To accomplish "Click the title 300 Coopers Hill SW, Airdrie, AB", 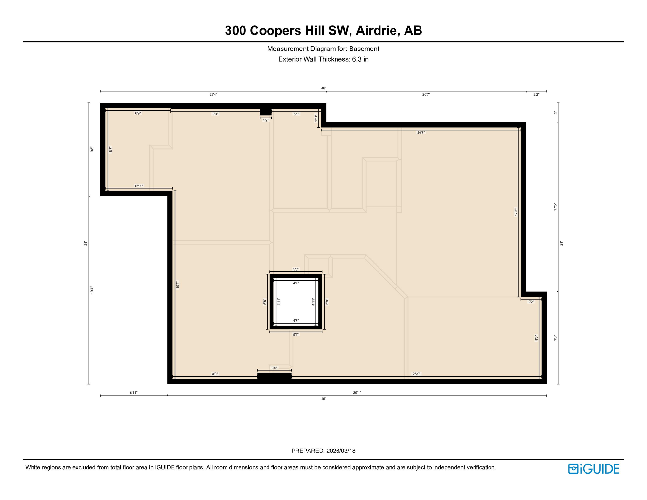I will pyautogui.click(x=323, y=30).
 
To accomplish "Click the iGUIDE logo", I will pyautogui.click(x=594, y=469).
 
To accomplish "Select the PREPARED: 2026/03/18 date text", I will pyautogui.click(x=323, y=451).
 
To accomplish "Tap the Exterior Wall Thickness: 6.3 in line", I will pyautogui.click(x=323, y=59).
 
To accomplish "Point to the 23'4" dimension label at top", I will pyautogui.click(x=213, y=95).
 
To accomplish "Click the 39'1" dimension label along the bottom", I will pyautogui.click(x=357, y=393).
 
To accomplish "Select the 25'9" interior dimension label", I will pyautogui.click(x=417, y=374).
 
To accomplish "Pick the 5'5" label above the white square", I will pyautogui.click(x=296, y=269).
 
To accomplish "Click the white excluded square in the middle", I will pyautogui.click(x=296, y=302).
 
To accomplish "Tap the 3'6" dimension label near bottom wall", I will pyautogui.click(x=274, y=368).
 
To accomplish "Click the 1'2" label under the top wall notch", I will pyautogui.click(x=266, y=120).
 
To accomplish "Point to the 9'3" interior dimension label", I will pyautogui.click(x=215, y=114).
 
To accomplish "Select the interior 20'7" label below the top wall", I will pyautogui.click(x=421, y=132).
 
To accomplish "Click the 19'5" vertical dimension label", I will pyautogui.click(x=178, y=285).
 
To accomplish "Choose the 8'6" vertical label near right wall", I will pyautogui.click(x=536, y=338).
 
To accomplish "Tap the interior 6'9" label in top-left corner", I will pyautogui.click(x=138, y=113).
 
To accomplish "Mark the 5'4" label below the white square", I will pyautogui.click(x=296, y=335).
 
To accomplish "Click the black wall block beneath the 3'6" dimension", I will pyautogui.click(x=274, y=376).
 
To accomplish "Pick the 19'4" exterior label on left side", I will pyautogui.click(x=92, y=290).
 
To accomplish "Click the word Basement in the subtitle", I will pyautogui.click(x=364, y=49).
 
